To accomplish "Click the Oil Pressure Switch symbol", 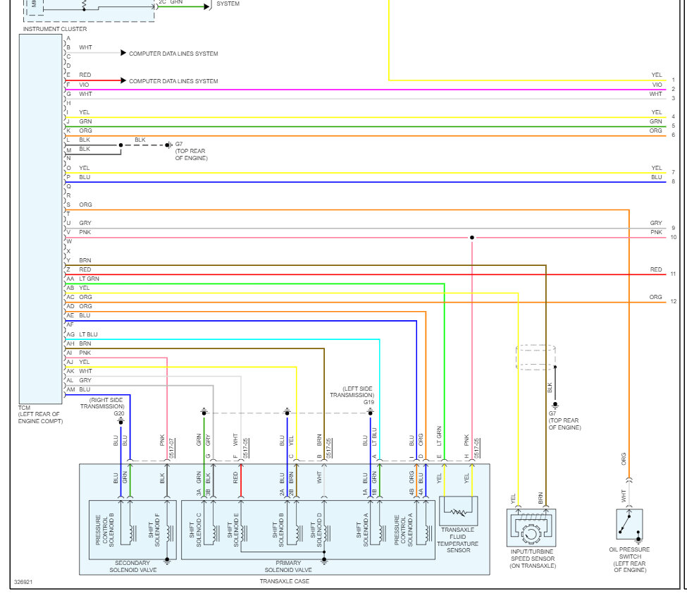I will [x=629, y=524].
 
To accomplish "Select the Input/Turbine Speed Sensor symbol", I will [x=531, y=527].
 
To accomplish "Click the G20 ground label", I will [x=119, y=413].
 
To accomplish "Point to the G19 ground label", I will [x=369, y=402].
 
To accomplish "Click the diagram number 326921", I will [x=23, y=583].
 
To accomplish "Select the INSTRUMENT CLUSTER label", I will [x=55, y=29].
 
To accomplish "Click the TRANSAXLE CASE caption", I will [x=284, y=581].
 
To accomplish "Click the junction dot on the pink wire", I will [x=471, y=238].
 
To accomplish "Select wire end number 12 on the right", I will [x=673, y=302].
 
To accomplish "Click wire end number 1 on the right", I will [x=673, y=80].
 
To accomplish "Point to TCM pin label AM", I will [x=70, y=389].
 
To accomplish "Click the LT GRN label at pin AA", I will [x=89, y=279].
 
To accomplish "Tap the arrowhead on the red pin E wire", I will [x=123, y=81].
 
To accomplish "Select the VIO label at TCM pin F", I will [x=84, y=85].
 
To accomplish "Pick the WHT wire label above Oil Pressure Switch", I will [x=623, y=496].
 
